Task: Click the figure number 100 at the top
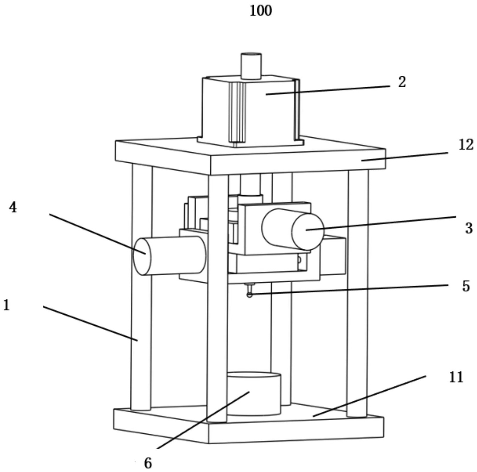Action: point(261,11)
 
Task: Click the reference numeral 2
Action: point(402,82)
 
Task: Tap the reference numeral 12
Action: point(466,145)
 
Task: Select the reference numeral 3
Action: point(469,228)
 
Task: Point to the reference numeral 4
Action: point(13,207)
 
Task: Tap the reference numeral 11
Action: point(456,378)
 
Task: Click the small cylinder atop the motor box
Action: point(251,66)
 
